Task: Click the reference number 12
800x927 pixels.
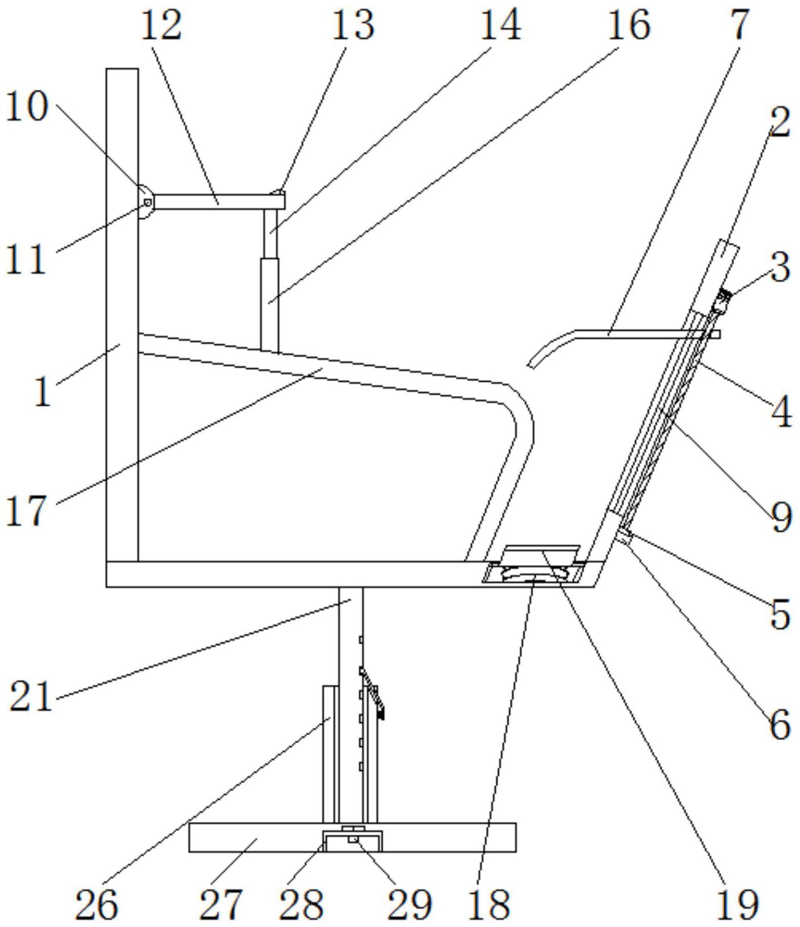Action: pyautogui.click(x=161, y=26)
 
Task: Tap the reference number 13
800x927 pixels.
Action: pyautogui.click(x=353, y=26)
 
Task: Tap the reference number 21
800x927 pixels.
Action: pyautogui.click(x=31, y=697)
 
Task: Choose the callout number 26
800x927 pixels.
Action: pyautogui.click(x=96, y=905)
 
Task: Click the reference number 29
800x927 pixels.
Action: pyautogui.click(x=409, y=905)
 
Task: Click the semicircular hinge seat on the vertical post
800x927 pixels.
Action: pyautogui.click(x=143, y=201)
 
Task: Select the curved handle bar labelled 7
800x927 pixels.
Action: pyautogui.click(x=637, y=334)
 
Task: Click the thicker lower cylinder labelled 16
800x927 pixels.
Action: pyautogui.click(x=270, y=304)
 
